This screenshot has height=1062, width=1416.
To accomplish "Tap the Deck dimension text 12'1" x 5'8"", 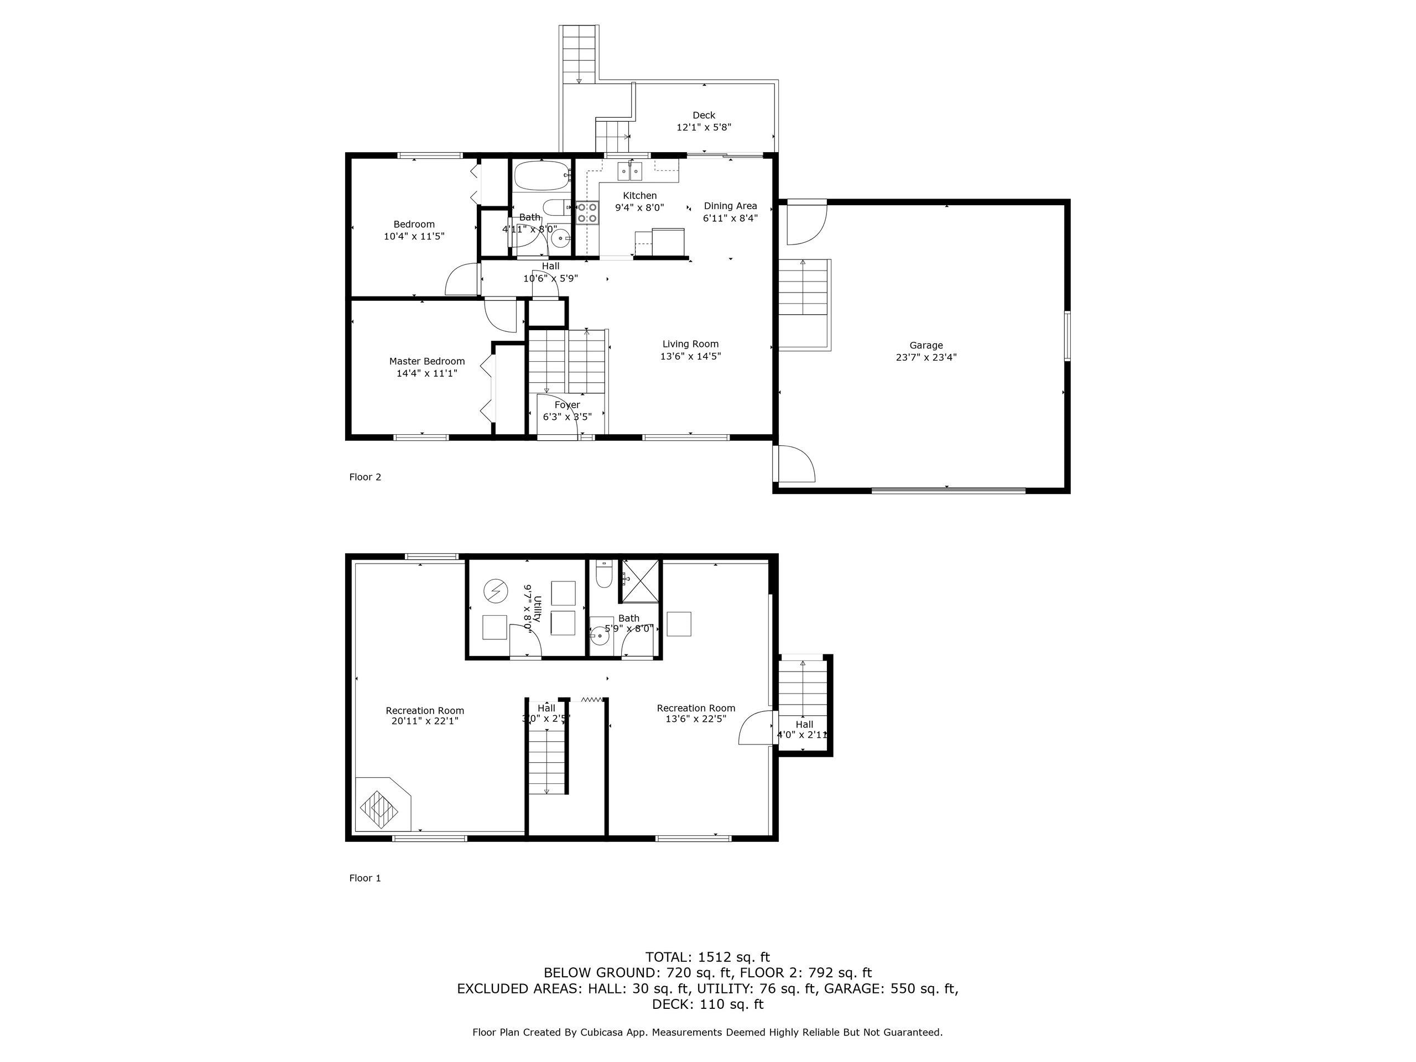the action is pyautogui.click(x=704, y=127).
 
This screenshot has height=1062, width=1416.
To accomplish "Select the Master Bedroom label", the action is pyautogui.click(x=427, y=361).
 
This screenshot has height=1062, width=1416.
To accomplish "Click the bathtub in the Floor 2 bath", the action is pyautogui.click(x=542, y=175).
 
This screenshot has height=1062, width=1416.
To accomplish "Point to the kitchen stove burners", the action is pyautogui.click(x=586, y=212).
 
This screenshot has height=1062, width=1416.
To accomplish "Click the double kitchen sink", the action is pyautogui.click(x=631, y=171).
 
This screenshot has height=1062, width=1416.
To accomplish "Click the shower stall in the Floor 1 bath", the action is pyautogui.click(x=638, y=581).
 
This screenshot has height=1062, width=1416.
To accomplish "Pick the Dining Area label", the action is pyautogui.click(x=731, y=206).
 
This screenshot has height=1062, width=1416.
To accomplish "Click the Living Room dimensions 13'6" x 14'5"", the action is pyautogui.click(x=691, y=357).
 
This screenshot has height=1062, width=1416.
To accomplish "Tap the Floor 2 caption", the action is pyautogui.click(x=365, y=477).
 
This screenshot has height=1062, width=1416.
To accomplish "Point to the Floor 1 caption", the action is pyautogui.click(x=365, y=878).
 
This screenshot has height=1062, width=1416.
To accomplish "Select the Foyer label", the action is pyautogui.click(x=567, y=405).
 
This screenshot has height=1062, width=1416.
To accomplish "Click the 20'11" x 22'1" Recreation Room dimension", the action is pyautogui.click(x=425, y=721).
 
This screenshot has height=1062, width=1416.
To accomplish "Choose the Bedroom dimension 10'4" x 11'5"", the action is pyautogui.click(x=414, y=236).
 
